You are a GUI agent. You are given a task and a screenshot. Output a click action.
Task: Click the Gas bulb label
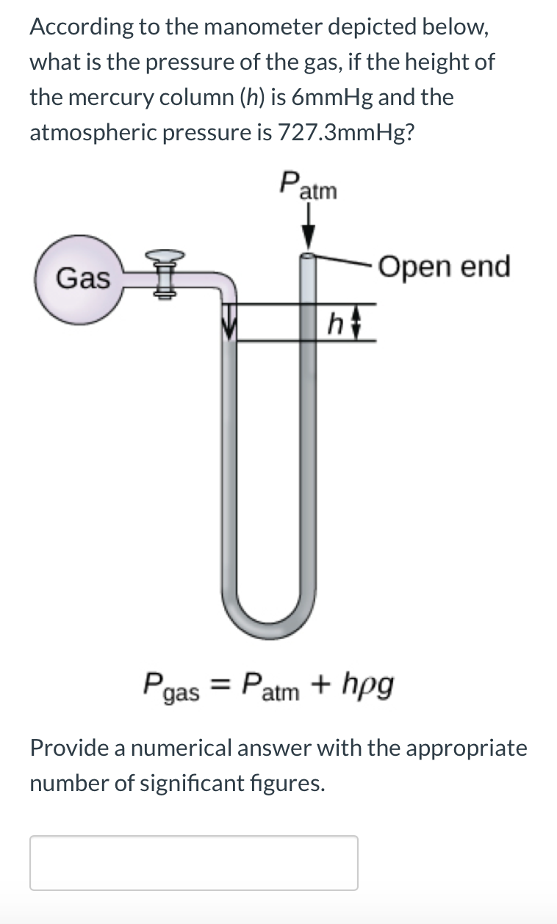click(x=83, y=278)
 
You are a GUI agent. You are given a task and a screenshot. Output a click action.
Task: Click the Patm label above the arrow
click(x=308, y=185)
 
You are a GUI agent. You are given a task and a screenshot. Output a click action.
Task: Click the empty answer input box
click(x=194, y=862)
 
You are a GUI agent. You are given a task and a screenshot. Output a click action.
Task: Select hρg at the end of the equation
click(x=368, y=686)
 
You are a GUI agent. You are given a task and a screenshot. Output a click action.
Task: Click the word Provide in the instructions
click(x=72, y=748)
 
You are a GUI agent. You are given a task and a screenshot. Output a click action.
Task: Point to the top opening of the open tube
click(x=309, y=256)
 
